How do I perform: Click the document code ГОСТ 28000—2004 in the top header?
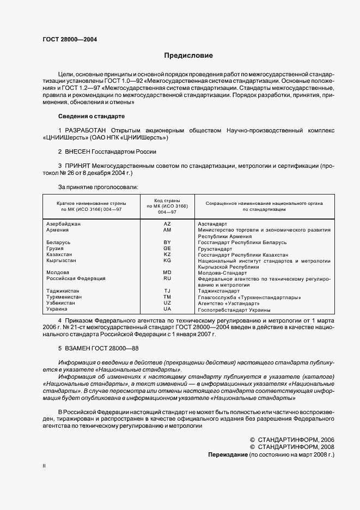pos(70,40)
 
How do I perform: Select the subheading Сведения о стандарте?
pos(91,117)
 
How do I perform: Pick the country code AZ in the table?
pos(167,224)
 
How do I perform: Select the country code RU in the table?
pos(167,278)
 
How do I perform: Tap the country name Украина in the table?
pos(57,309)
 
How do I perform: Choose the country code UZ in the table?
pos(167,303)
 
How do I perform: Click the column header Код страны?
pos(167,201)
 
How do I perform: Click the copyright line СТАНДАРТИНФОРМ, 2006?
pos(291,439)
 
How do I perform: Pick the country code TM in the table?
pos(167,297)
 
